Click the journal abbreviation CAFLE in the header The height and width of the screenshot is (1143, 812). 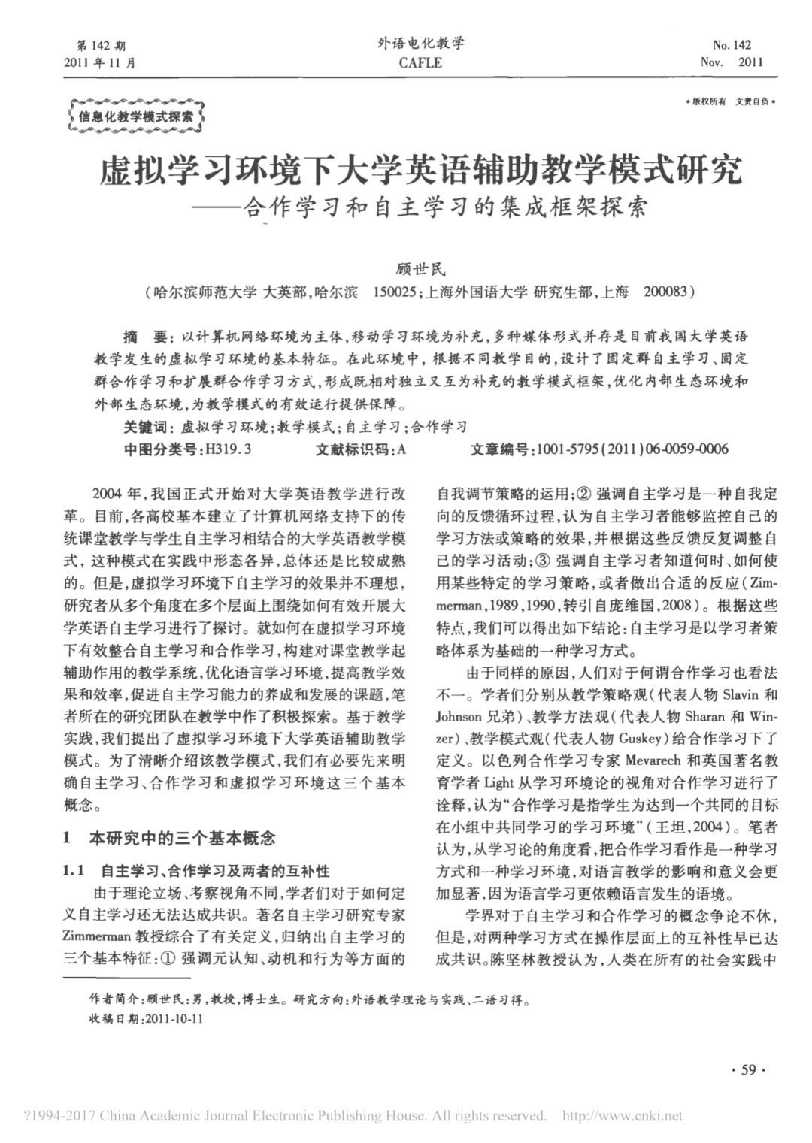click(420, 63)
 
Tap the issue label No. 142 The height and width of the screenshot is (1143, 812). click(732, 45)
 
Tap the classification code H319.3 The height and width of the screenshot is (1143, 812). click(228, 449)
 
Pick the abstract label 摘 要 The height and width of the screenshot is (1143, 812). click(147, 334)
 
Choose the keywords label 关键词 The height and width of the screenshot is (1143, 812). click(147, 427)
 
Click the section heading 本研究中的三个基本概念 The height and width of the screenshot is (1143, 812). click(183, 837)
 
